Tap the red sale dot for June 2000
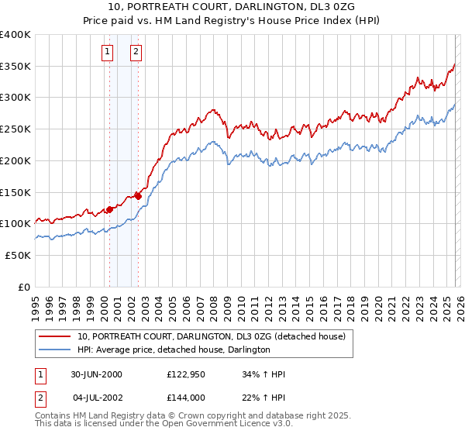click(x=109, y=208)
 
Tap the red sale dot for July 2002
click(x=138, y=195)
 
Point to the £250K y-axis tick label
click(x=15, y=129)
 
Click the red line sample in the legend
click(x=55, y=336)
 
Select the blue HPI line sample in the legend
click(x=55, y=350)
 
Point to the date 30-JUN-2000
click(x=96, y=374)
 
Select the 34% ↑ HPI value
click(x=264, y=374)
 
